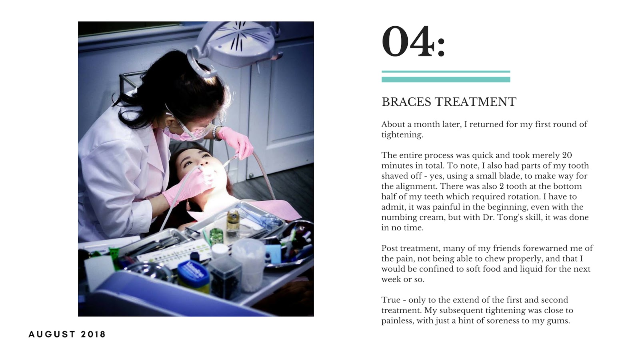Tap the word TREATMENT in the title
(476, 102)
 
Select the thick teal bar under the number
(446, 80)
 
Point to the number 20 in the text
(567, 156)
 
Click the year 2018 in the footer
(93, 334)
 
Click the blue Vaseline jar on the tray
(194, 276)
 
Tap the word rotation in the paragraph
(520, 197)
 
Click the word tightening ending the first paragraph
(402, 135)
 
